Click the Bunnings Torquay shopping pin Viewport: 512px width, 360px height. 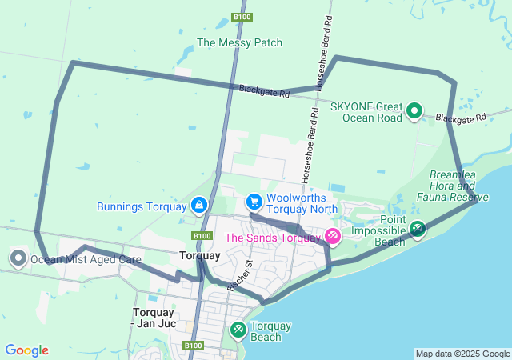[198, 206]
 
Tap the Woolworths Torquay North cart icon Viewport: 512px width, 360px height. [254, 200]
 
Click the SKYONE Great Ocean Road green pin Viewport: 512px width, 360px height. [414, 110]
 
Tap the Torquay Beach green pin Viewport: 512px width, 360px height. [238, 329]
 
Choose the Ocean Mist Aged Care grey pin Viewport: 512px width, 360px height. [18, 258]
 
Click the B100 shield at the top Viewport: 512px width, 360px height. [242, 17]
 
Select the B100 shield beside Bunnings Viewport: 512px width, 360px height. [201, 236]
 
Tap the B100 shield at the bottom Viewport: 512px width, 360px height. [193, 346]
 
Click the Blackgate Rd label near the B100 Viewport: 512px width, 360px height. [263, 91]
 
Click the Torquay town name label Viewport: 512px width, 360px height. [199, 256]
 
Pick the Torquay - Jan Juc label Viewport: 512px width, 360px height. [152, 318]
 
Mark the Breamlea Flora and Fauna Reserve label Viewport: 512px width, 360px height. [458, 186]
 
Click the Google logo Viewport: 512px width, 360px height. [26, 350]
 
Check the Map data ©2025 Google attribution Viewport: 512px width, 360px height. [462, 354]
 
